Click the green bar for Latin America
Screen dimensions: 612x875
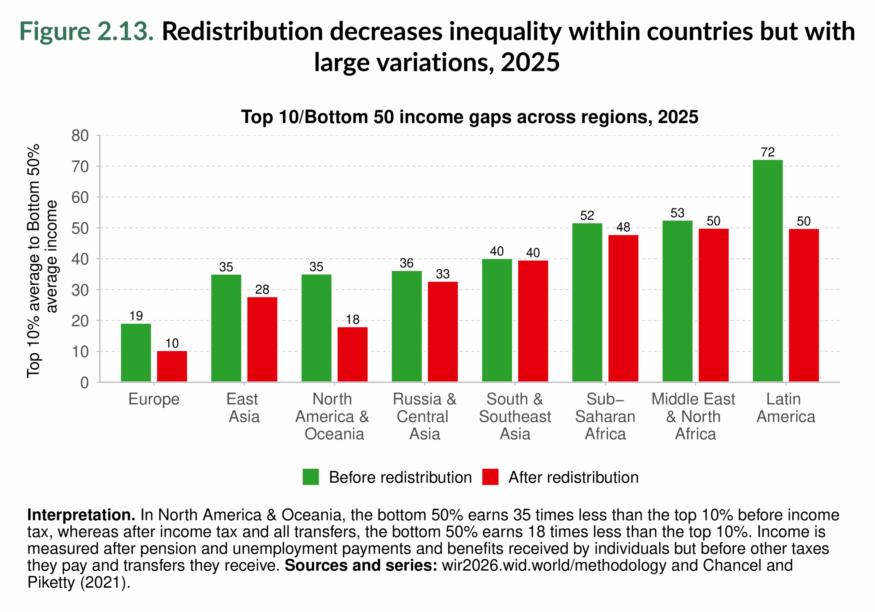(768, 271)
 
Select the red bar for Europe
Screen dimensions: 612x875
(172, 366)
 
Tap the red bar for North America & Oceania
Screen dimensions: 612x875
(352, 354)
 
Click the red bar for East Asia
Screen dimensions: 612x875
(262, 339)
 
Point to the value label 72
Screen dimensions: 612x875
(768, 152)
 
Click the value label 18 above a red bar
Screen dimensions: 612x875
(352, 319)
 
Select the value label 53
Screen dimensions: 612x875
(677, 213)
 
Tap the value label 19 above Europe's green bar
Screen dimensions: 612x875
(136, 315)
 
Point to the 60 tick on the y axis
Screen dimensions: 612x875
(80, 198)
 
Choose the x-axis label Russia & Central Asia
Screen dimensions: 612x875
(424, 416)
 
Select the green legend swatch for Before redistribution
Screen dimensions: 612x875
(311, 477)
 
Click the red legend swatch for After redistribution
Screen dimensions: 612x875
(490, 477)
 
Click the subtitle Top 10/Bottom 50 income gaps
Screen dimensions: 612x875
(469, 117)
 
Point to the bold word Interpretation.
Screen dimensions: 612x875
(81, 515)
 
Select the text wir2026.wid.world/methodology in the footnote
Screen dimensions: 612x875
(554, 566)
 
